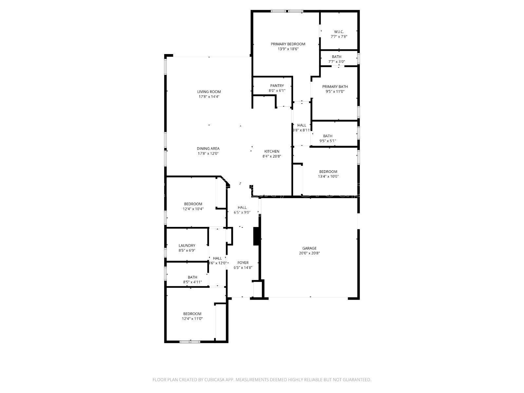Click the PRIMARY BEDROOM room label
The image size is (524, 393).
coord(288,44)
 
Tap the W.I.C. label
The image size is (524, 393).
coord(339,32)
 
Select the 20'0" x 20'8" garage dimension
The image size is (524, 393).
coord(309,253)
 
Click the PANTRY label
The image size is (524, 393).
coord(277,86)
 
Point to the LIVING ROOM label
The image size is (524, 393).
coord(209,92)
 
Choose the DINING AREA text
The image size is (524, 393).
coord(208,149)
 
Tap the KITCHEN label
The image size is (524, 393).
coord(272,151)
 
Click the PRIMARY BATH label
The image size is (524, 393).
coord(335,87)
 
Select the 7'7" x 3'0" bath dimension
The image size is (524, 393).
coord(337,62)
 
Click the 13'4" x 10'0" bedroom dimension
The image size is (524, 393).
coord(328,177)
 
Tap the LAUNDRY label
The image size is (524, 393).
coord(187,246)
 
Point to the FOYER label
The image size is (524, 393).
coord(243,263)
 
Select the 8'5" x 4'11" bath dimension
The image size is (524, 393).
coord(192,282)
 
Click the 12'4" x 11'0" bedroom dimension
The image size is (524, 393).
coord(192,318)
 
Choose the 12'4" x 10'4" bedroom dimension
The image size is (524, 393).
coord(193,209)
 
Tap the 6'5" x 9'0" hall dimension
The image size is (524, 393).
coord(242,212)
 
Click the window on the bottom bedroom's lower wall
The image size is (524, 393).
coord(190,342)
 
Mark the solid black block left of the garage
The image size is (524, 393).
coord(256,236)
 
